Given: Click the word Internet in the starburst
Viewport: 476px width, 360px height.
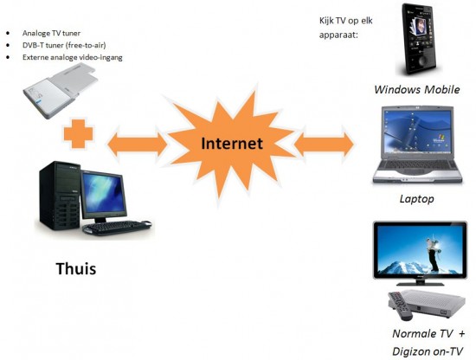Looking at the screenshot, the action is click(x=232, y=144).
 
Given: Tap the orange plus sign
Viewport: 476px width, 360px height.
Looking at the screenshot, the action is click(x=78, y=134).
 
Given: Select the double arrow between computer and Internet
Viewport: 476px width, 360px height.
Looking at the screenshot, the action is click(x=138, y=144).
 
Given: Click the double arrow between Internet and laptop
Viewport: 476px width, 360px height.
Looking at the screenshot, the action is click(x=325, y=144).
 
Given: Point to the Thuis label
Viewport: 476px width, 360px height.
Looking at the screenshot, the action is click(x=76, y=269).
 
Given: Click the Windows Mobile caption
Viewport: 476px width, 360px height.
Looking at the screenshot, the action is click(x=417, y=89).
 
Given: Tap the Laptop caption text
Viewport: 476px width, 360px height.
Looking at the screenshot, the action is click(x=416, y=199).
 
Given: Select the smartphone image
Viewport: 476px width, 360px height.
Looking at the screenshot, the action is click(x=420, y=39).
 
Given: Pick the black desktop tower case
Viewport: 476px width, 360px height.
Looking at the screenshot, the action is click(x=60, y=196).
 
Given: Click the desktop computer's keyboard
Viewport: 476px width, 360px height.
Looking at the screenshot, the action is click(x=118, y=228).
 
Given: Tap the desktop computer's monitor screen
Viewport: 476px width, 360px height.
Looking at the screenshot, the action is click(x=104, y=192).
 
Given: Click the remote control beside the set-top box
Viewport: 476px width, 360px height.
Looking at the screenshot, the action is click(x=400, y=305).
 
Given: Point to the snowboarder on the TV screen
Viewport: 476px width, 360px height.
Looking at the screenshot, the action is click(x=433, y=254).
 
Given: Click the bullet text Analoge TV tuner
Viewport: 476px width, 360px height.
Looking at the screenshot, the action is click(x=51, y=33).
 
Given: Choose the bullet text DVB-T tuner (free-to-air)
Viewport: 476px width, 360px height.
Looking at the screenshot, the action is click(x=64, y=45).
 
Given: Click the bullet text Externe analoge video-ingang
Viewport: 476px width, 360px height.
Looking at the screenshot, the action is click(x=72, y=57).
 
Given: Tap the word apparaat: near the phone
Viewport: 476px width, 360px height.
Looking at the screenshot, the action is click(x=338, y=35).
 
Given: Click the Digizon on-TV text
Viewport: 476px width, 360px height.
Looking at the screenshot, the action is click(x=428, y=351).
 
